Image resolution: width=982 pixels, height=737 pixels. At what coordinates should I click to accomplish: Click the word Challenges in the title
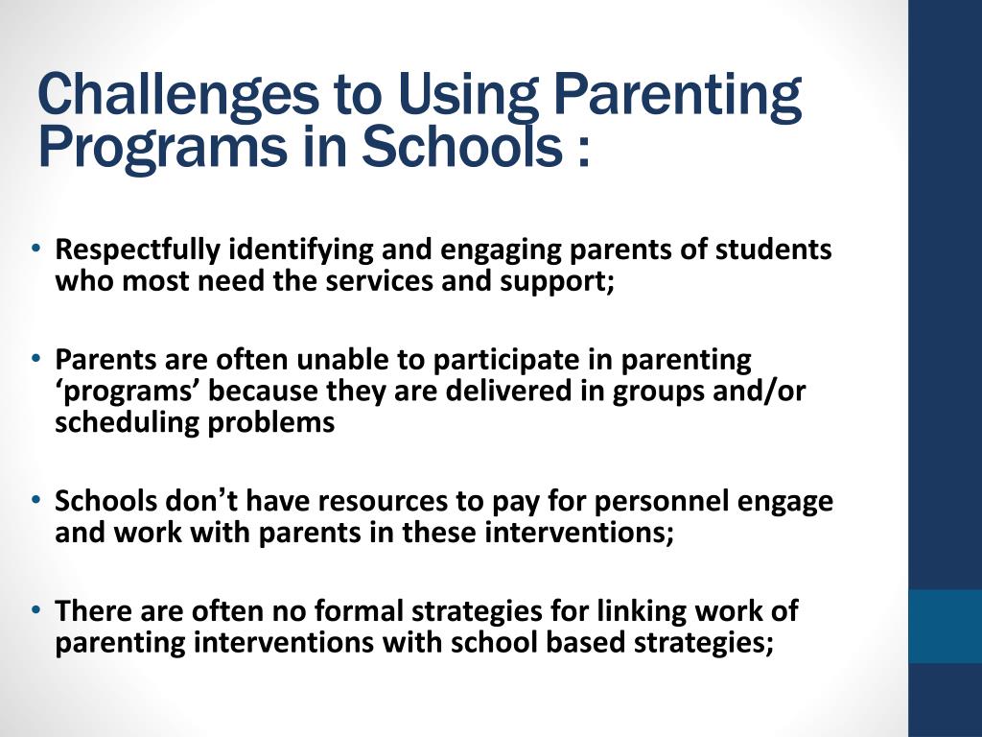coord(176,95)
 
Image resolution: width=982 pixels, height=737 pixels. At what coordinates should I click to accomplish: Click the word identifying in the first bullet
coord(301,250)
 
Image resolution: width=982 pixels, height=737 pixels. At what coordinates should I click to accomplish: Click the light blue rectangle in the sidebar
coord(945,626)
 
